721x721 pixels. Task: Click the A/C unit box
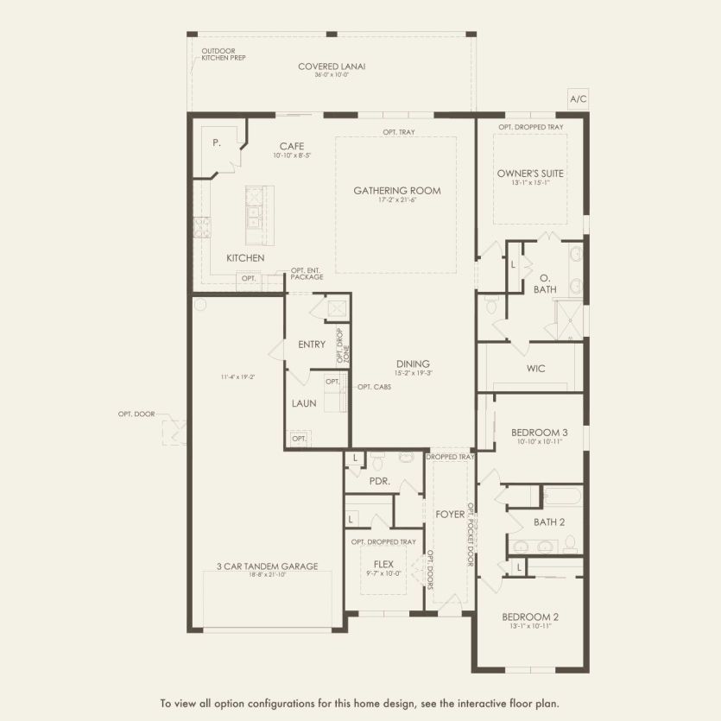point(578,99)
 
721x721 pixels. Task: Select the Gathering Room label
point(396,191)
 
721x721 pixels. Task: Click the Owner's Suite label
point(530,174)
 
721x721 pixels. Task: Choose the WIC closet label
point(535,368)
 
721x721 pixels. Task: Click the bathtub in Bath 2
point(561,496)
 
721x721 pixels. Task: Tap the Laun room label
point(304,403)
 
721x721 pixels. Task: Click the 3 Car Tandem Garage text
point(267,566)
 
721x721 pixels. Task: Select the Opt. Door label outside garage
point(136,414)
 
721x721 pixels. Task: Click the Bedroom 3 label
point(539,433)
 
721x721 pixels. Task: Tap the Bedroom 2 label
point(530,617)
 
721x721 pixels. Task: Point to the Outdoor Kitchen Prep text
point(224,54)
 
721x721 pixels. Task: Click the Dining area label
point(414,364)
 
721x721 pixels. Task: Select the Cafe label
point(289,146)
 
